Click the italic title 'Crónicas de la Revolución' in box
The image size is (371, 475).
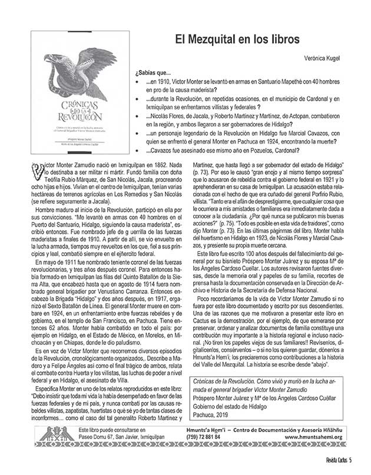pyautogui.click(x=223, y=381)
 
